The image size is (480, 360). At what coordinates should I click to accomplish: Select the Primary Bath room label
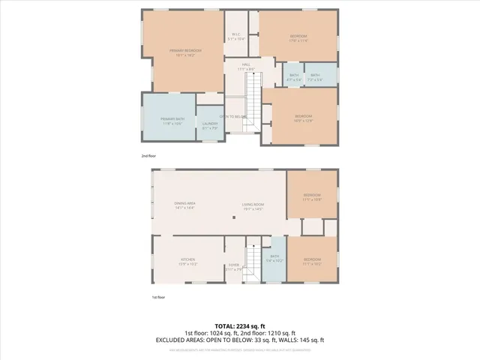[x=167, y=121]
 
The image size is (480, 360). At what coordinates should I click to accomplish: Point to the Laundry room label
[x=210, y=125]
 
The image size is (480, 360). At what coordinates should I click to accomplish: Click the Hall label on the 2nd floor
[x=245, y=67]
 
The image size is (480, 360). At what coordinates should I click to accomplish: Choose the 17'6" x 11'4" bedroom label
[x=298, y=38]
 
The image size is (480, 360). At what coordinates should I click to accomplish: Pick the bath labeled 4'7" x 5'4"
[x=294, y=77]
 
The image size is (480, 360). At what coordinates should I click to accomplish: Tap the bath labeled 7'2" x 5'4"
[x=315, y=77]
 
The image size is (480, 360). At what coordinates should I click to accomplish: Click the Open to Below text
[x=233, y=116]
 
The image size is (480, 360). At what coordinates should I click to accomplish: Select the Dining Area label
[x=184, y=205]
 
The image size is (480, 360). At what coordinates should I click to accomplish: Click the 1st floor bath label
[x=274, y=259]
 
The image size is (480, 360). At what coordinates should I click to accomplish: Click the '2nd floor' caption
[x=148, y=156]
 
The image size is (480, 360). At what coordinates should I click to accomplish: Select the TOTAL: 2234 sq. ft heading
[x=239, y=326]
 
